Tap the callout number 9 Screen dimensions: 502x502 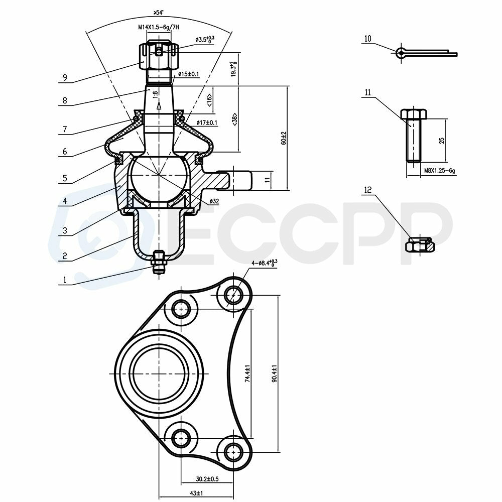[x=64, y=78]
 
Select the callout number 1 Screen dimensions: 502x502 [x=64, y=281]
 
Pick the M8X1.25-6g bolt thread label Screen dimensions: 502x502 [x=439, y=171]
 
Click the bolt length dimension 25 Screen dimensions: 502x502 [x=442, y=140]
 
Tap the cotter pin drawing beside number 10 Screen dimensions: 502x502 [x=427, y=52]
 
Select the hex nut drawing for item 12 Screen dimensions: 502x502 [x=419, y=245]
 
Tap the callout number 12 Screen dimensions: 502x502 [x=367, y=190]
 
